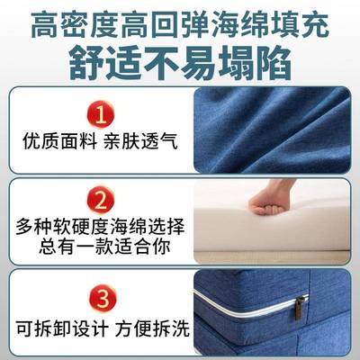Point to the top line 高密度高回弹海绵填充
click(180, 22)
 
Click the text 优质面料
click(53, 142)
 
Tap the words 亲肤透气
click(133, 142)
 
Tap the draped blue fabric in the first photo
click(270, 126)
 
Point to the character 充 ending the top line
click(316, 22)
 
